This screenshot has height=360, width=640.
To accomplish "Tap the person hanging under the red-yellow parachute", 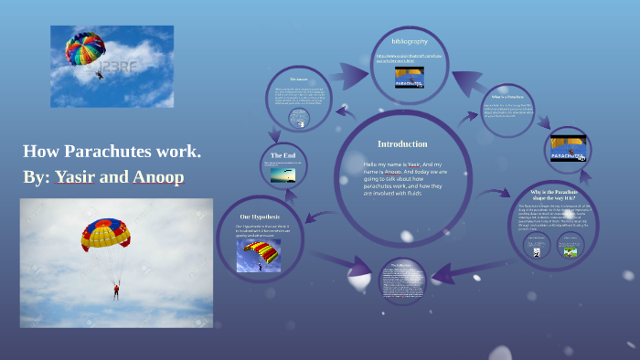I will click(x=115, y=291).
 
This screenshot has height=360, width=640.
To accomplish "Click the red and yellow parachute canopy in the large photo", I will click(x=106, y=234).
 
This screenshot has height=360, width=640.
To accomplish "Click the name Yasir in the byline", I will click(x=77, y=176).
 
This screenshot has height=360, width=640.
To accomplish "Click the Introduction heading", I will click(x=402, y=143).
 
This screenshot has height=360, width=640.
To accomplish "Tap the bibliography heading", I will click(x=409, y=41).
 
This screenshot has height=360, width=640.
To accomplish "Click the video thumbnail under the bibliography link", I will click(x=409, y=79).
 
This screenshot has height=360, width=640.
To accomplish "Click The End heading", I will click(x=283, y=156).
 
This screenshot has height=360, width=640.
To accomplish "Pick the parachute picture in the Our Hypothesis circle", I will click(x=259, y=255).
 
